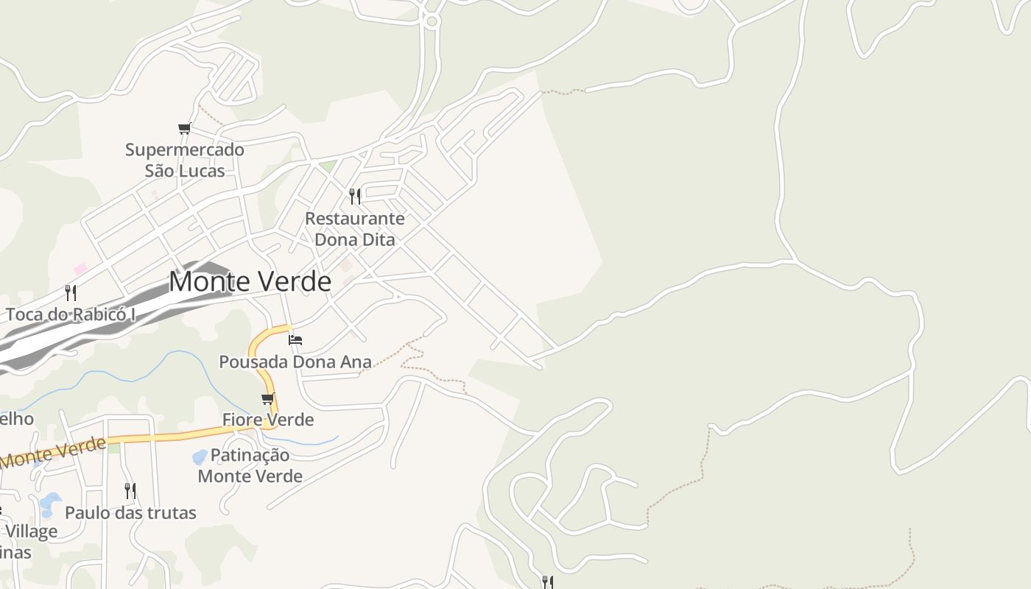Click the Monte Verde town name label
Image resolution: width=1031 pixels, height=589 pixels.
pyautogui.click(x=250, y=282)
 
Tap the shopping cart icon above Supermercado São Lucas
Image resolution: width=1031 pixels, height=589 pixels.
pyautogui.click(x=184, y=129)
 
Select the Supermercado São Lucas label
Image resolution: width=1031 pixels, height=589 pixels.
pyautogui.click(x=184, y=160)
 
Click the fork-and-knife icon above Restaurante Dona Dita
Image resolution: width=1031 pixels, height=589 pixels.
pyautogui.click(x=355, y=196)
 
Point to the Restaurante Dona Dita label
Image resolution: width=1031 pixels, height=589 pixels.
pyautogui.click(x=355, y=229)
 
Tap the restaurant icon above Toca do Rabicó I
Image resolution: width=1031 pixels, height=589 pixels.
pyautogui.click(x=71, y=292)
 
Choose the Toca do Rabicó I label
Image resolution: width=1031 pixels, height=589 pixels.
pyautogui.click(x=71, y=314)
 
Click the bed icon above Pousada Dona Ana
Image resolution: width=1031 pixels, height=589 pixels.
pyautogui.click(x=295, y=339)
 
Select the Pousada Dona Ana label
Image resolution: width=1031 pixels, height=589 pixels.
pyautogui.click(x=295, y=361)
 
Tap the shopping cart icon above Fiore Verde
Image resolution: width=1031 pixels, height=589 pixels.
pyautogui.click(x=268, y=399)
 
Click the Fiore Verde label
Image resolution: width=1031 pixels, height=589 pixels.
pyautogui.click(x=268, y=420)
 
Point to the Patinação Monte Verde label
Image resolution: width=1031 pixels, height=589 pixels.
pyautogui.click(x=250, y=465)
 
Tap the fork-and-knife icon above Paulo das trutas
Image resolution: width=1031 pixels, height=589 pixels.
pyautogui.click(x=130, y=490)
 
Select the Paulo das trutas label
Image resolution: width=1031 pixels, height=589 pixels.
pyautogui.click(x=130, y=512)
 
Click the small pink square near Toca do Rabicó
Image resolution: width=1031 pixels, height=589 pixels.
pyautogui.click(x=80, y=269)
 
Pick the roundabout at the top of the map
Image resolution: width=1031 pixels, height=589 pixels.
pyautogui.click(x=432, y=21)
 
